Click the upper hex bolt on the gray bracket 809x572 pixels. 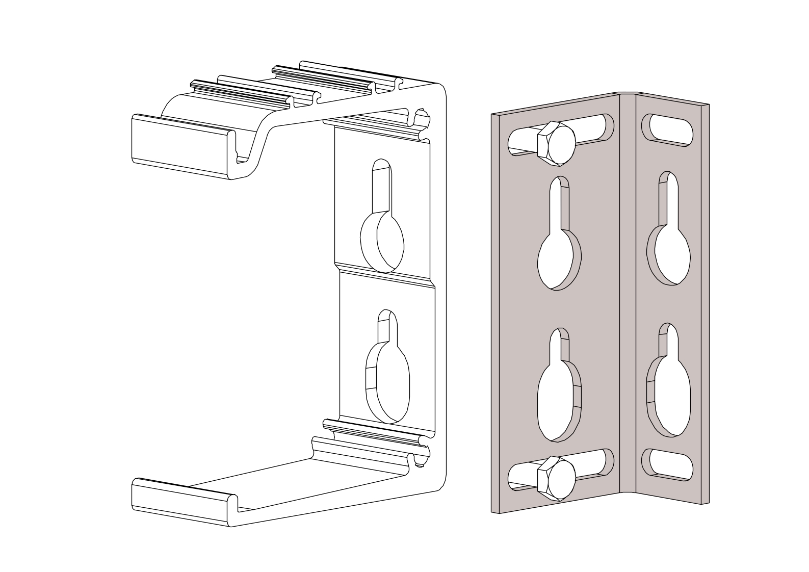pyautogui.click(x=557, y=143)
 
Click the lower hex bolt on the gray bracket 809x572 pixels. pyautogui.click(x=557, y=477)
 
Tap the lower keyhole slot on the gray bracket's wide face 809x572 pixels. pyautogui.click(x=559, y=393)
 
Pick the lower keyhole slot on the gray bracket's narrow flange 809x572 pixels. pyautogui.click(x=668, y=387)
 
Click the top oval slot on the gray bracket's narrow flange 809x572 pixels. pyautogui.click(x=667, y=129)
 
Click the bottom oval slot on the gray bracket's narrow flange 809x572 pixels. pyautogui.click(x=667, y=464)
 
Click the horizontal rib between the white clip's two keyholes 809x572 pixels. pyautogui.click(x=385, y=275)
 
